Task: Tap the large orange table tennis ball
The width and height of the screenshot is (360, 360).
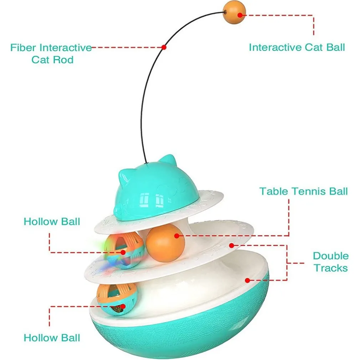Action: (x=165, y=243)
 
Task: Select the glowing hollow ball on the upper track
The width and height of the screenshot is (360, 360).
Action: (x=127, y=252)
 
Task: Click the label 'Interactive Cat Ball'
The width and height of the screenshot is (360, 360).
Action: (x=297, y=47)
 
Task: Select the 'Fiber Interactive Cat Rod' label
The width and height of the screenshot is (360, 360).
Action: (x=51, y=53)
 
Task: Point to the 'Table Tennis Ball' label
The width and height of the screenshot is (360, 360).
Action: (x=303, y=191)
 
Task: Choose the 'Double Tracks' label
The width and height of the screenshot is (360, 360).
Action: (x=331, y=262)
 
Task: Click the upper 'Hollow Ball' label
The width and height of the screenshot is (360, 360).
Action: (x=52, y=221)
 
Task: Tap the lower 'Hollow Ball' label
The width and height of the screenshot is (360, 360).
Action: (x=52, y=338)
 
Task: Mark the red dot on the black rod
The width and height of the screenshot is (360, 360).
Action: (x=164, y=47)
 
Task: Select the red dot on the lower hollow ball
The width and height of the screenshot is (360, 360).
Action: (x=123, y=306)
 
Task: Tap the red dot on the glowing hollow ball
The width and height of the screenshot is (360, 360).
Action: (x=123, y=252)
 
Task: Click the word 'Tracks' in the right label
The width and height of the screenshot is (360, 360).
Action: (x=331, y=268)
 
